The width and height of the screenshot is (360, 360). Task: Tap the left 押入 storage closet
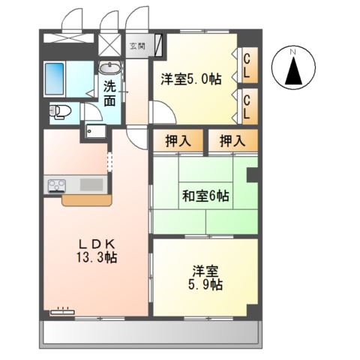pos(176,139)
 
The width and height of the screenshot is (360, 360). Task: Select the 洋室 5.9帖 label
pos(205,278)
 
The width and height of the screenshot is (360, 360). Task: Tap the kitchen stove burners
pos(58,184)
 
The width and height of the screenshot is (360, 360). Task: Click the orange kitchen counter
pos(87,200)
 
